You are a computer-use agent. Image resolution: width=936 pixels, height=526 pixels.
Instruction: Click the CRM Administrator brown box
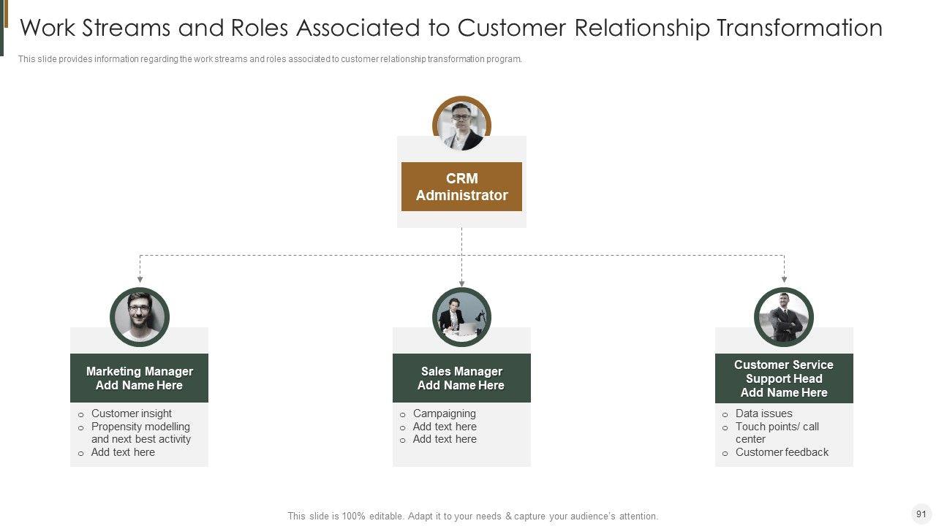(x=461, y=186)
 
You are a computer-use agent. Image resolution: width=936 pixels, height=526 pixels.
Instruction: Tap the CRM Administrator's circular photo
(x=461, y=126)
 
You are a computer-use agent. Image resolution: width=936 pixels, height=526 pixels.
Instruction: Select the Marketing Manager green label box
(x=139, y=378)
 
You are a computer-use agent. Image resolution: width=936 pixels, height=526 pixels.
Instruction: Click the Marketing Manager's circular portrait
(x=140, y=317)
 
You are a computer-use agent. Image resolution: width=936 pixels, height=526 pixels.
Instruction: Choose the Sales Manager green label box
(x=461, y=378)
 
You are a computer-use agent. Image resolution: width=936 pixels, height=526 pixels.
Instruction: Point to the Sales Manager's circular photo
(x=461, y=317)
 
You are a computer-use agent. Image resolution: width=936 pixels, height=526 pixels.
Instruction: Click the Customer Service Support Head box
(x=784, y=378)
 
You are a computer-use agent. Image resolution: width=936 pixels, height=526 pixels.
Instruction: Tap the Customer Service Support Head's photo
(x=784, y=317)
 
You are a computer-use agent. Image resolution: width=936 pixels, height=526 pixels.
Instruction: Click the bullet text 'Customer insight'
(x=132, y=413)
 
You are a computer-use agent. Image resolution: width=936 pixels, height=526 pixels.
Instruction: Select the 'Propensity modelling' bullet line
(x=140, y=427)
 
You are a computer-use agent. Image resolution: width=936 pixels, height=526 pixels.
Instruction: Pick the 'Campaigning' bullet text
(x=444, y=413)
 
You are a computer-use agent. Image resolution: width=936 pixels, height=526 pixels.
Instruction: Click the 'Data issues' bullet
(x=763, y=413)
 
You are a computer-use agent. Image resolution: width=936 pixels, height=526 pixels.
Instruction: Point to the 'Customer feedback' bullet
(x=782, y=452)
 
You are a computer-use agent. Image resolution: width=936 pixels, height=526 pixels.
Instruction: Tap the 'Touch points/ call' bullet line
(x=777, y=427)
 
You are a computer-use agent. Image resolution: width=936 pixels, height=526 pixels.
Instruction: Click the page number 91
(x=921, y=514)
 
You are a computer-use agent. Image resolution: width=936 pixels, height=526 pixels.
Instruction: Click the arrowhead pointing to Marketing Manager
(x=140, y=279)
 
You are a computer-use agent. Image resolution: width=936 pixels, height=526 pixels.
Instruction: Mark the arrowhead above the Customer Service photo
(x=784, y=279)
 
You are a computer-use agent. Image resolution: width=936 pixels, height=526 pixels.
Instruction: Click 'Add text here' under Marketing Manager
(x=123, y=452)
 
